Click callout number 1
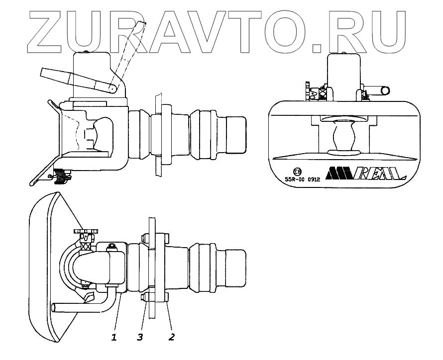pos(114,337)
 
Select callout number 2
pos(171,337)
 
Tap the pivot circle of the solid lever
pos(113,89)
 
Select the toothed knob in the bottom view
pos(87,231)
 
